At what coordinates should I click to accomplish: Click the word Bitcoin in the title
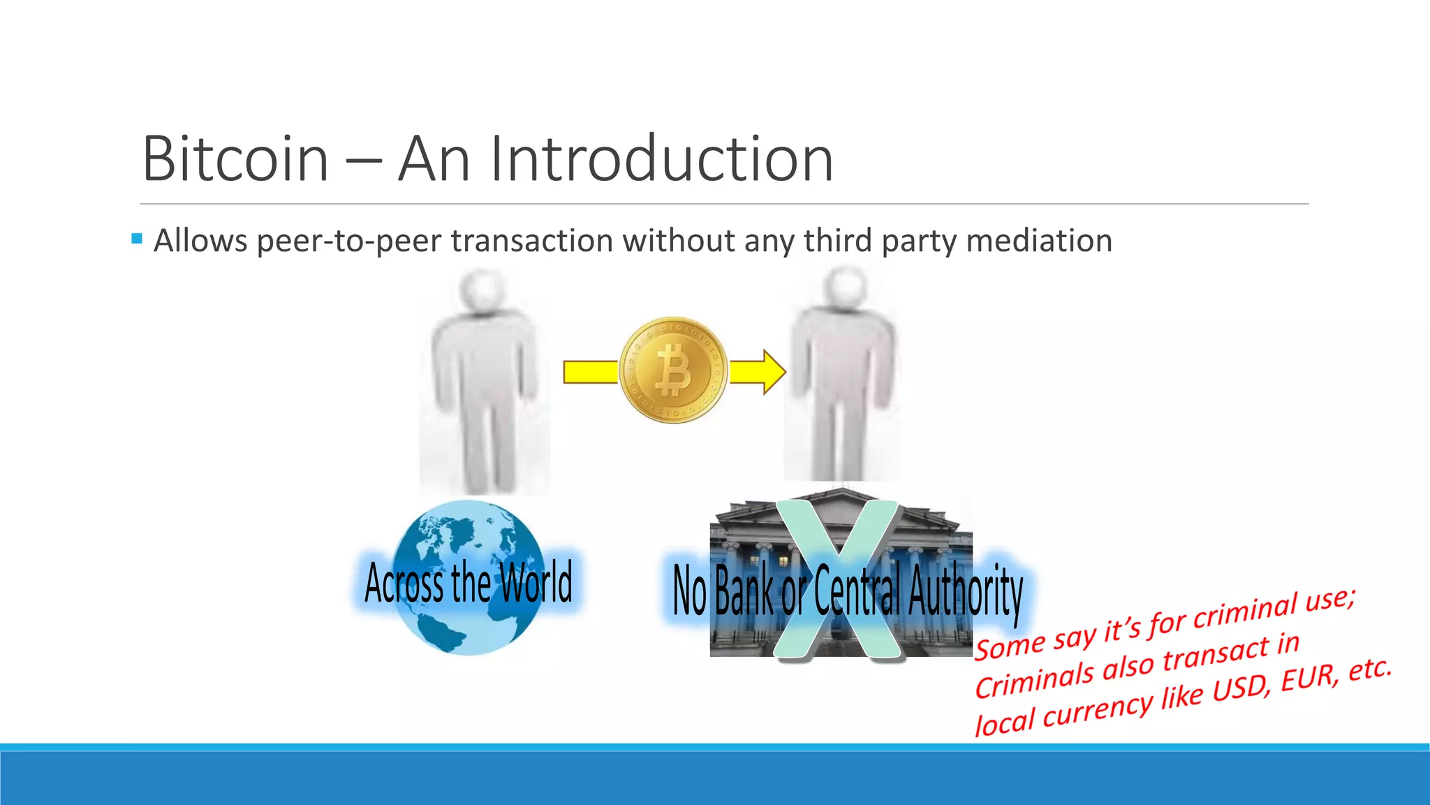[235, 159]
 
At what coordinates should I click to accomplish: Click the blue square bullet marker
[136, 239]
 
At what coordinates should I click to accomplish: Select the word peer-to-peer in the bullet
[352, 241]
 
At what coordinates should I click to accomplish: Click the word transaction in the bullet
[532, 240]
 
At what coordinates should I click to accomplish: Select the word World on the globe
[536, 581]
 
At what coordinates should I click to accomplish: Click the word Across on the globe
[406, 583]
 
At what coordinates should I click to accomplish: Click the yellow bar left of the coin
[591, 372]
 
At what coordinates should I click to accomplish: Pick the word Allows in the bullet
[200, 240]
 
